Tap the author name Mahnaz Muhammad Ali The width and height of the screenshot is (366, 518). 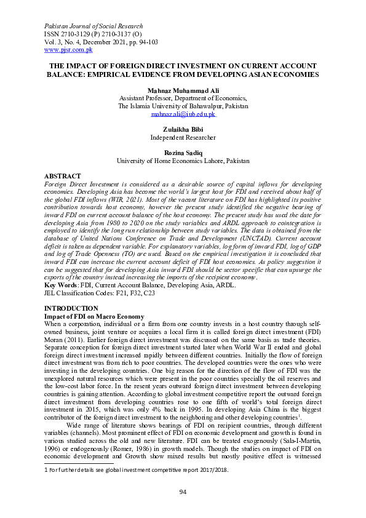pos(183,90)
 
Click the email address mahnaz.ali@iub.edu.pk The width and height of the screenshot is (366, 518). pos(183,114)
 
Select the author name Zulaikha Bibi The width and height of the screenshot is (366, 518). pos(183,130)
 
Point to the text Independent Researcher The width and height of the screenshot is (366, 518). pos(183,138)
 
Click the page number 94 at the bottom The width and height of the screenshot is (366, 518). pos(183,492)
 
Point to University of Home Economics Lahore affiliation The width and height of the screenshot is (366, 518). pos(183,161)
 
